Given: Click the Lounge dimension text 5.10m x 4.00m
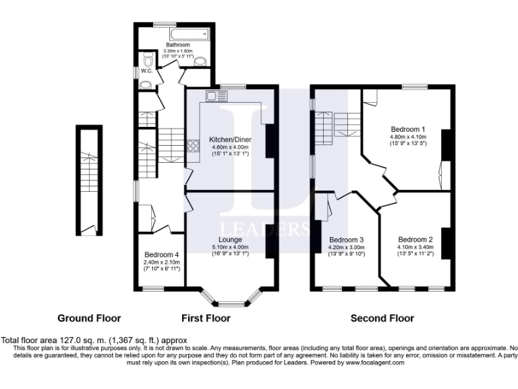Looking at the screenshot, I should click(x=230, y=247).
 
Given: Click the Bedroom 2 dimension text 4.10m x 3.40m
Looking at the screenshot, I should click(x=415, y=247).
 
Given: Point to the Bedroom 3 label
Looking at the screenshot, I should click(x=347, y=240).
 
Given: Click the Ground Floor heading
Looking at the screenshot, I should click(x=89, y=317).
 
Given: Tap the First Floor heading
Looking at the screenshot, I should click(x=206, y=317).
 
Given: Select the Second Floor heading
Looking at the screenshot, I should click(x=382, y=317).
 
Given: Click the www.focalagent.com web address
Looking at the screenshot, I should click(x=368, y=362).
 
